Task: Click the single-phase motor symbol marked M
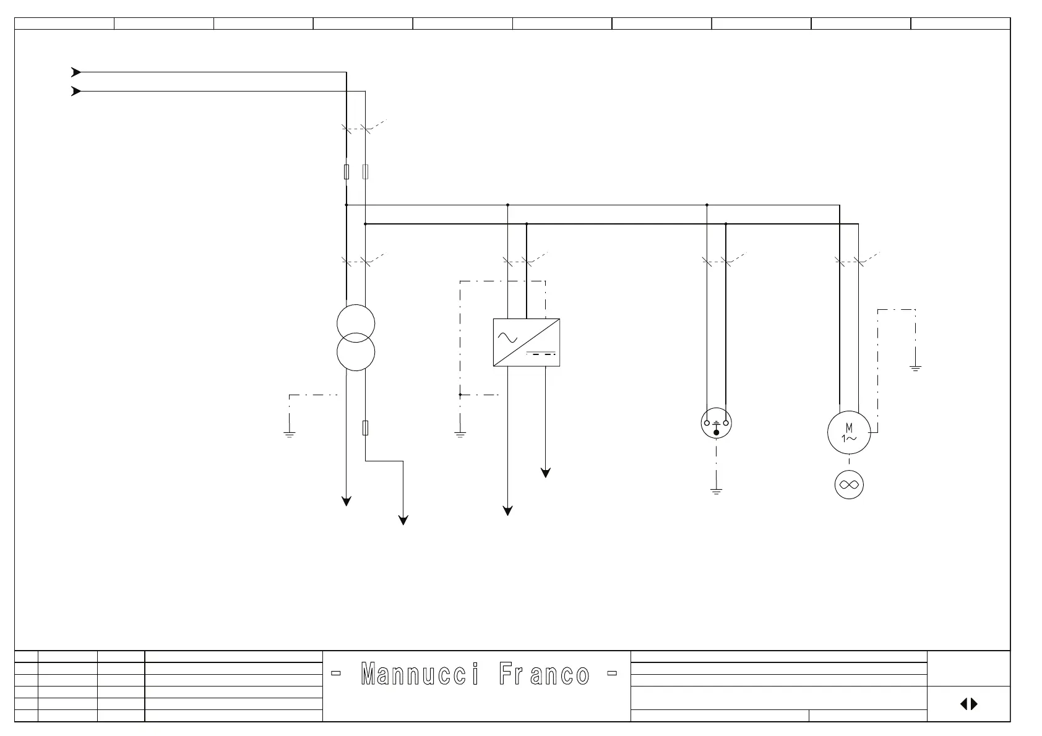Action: click(x=849, y=433)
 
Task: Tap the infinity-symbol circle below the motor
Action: click(x=849, y=485)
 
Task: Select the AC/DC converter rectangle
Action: click(x=527, y=342)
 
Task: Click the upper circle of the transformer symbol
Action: click(x=356, y=323)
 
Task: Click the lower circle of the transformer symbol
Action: click(x=356, y=352)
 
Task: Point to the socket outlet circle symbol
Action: click(x=717, y=424)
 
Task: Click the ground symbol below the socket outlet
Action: click(x=717, y=492)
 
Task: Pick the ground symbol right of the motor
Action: click(x=915, y=369)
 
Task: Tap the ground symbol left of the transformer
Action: click(x=289, y=434)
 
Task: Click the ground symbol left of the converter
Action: click(x=460, y=434)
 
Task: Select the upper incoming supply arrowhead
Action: click(x=76, y=72)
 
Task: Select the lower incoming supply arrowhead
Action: click(x=76, y=92)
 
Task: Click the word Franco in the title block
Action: click(x=544, y=674)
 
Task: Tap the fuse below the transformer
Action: click(x=365, y=427)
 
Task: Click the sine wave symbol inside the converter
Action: click(x=507, y=337)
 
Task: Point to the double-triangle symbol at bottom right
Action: click(x=969, y=704)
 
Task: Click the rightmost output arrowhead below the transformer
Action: click(x=403, y=521)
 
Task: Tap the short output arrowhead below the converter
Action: click(x=546, y=473)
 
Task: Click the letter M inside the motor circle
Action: click(x=849, y=427)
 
